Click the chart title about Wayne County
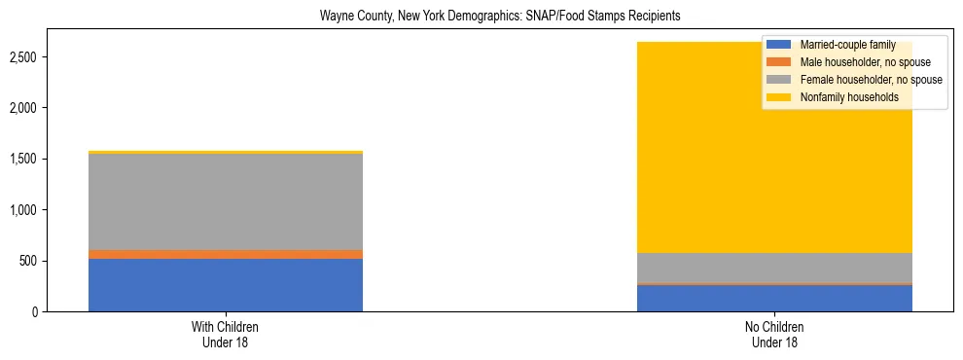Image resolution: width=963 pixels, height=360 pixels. pyautogui.click(x=481, y=17)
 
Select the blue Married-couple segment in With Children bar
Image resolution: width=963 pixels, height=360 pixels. pyautogui.click(x=226, y=284)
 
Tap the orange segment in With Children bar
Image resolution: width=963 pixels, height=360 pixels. pyautogui.click(x=226, y=254)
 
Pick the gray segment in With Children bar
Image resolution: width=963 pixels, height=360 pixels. pyautogui.click(x=226, y=201)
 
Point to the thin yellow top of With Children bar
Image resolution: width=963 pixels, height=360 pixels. pyautogui.click(x=226, y=153)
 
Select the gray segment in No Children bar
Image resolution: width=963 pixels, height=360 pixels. pyautogui.click(x=774, y=268)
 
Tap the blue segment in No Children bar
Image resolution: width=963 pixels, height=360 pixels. pyautogui.click(x=774, y=298)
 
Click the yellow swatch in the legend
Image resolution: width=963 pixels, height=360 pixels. pyautogui.click(x=779, y=97)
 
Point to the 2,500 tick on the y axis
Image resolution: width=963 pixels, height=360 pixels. pyautogui.click(x=23, y=57)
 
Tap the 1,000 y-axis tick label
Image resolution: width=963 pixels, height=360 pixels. pyautogui.click(x=23, y=210)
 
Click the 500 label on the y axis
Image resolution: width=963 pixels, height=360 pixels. pyautogui.click(x=28, y=261)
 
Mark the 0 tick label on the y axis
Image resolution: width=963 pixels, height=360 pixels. pyautogui.click(x=34, y=312)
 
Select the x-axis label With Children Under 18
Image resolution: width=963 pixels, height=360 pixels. pyautogui.click(x=226, y=334)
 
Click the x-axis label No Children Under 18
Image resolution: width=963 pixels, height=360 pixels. pyautogui.click(x=774, y=334)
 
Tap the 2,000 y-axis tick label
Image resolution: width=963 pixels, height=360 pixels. pyautogui.click(x=23, y=108)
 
